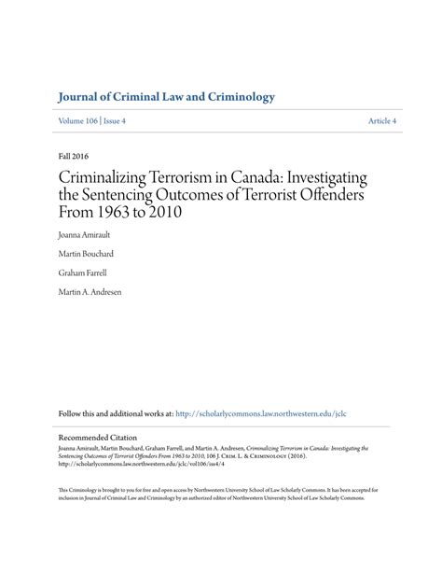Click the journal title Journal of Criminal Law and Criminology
pos(165,97)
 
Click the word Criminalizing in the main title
pos(108,176)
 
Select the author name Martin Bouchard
pos(88,253)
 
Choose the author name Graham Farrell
pos(84,272)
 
